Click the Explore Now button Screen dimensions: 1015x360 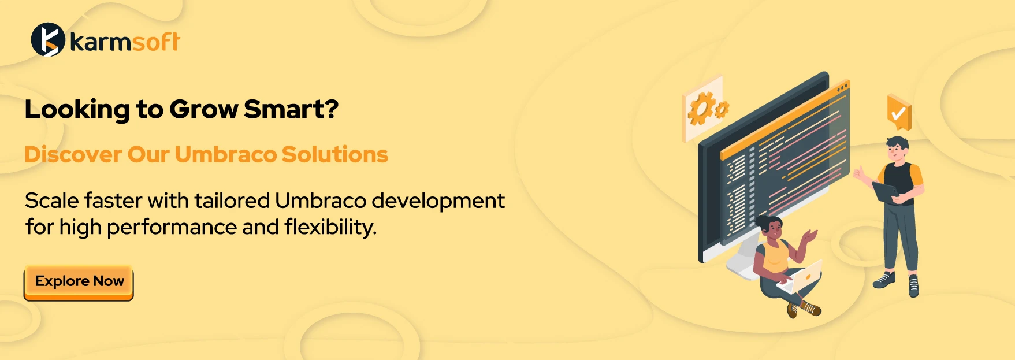79,283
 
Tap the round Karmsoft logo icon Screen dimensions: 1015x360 48,39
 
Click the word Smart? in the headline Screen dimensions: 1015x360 291,109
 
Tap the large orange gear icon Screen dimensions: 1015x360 700,109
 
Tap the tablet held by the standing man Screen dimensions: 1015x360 886,192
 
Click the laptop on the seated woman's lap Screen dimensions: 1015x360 801,277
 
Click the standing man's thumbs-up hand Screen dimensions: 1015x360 861,174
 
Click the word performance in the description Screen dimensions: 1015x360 172,228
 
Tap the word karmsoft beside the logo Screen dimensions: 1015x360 125,42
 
